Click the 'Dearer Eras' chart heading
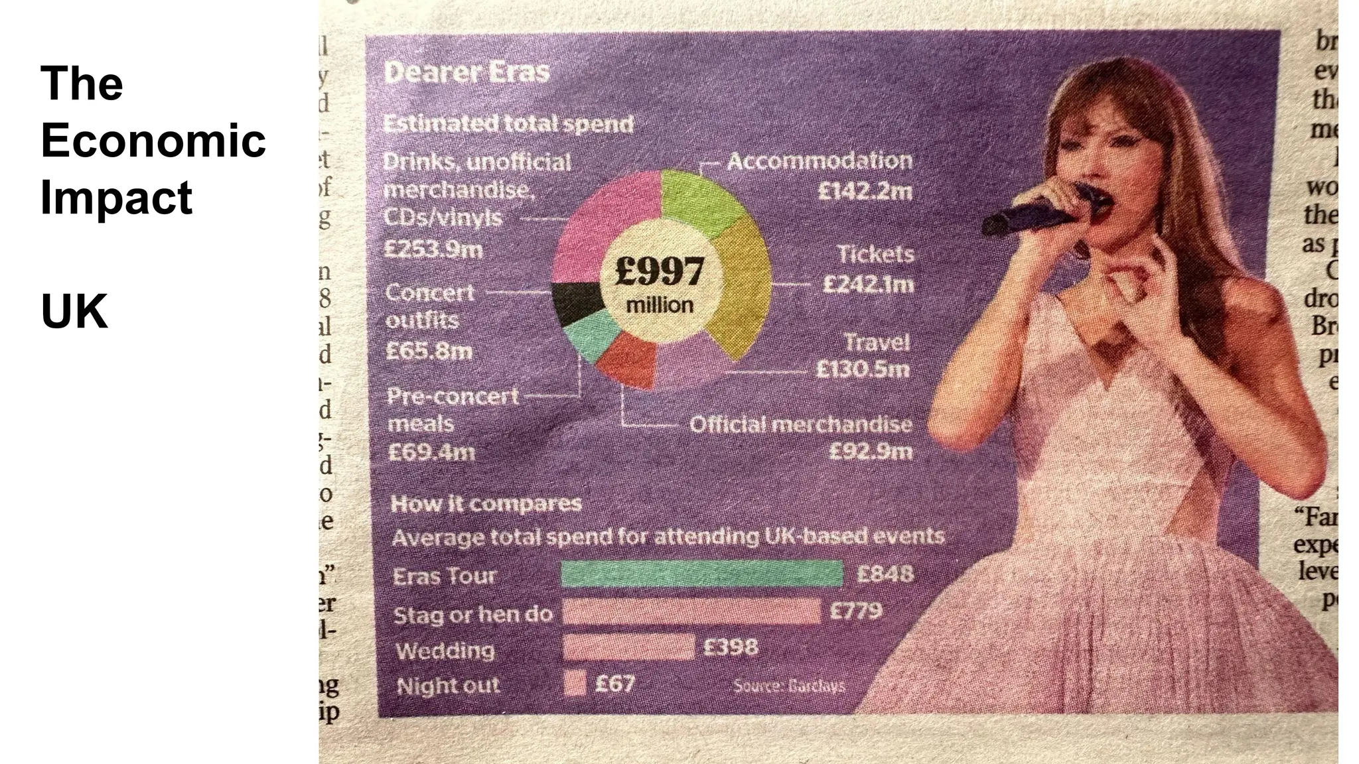point(466,72)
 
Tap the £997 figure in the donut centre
point(659,271)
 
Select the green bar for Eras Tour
point(701,574)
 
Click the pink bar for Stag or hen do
point(691,611)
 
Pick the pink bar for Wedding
point(628,647)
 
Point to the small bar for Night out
point(575,683)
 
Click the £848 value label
point(885,573)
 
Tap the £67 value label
point(614,683)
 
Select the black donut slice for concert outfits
point(576,302)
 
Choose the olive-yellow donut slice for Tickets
point(743,285)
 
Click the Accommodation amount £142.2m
point(865,192)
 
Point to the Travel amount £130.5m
point(862,369)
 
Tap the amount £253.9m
point(433,249)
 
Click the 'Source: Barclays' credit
point(788,686)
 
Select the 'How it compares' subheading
point(486,504)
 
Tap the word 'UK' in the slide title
point(74,311)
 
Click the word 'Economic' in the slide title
point(153,141)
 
